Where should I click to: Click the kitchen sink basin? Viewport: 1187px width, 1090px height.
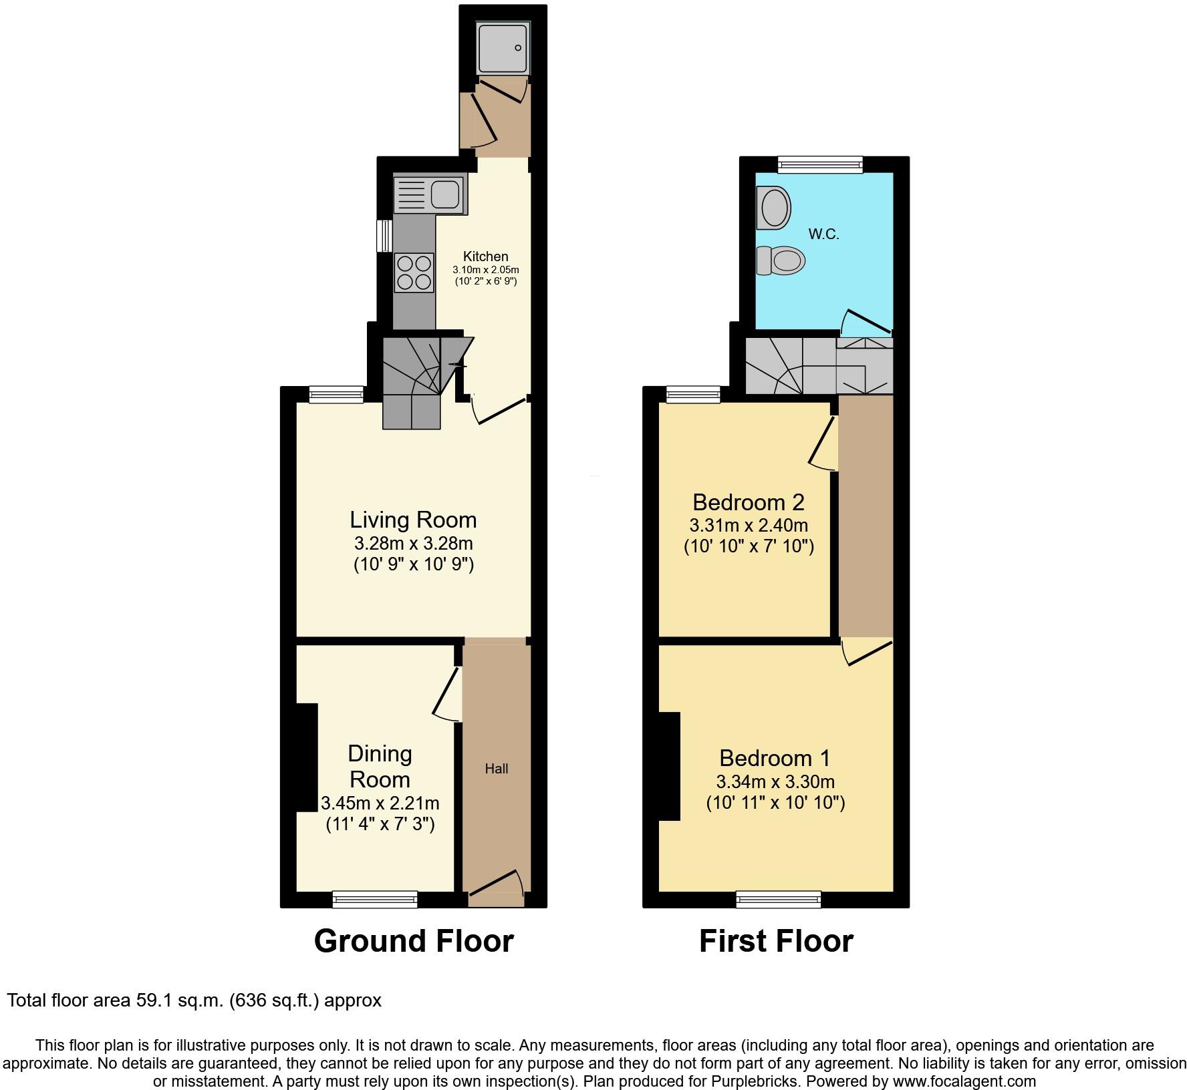tap(445, 194)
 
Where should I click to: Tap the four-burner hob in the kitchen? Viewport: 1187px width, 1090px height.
tap(414, 272)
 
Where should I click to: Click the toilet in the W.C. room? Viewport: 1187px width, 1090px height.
tap(779, 260)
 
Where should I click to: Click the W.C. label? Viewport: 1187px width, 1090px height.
tap(823, 234)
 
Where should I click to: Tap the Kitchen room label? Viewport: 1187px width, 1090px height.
tap(486, 256)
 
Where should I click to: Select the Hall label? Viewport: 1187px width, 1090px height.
tap(497, 769)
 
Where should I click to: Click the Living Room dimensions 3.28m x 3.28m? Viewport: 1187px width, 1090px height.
tap(413, 543)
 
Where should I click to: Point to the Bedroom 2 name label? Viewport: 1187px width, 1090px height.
tap(748, 502)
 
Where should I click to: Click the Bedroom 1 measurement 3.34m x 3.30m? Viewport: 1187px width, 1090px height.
tap(775, 781)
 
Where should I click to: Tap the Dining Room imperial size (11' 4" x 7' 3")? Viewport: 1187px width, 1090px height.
tap(380, 824)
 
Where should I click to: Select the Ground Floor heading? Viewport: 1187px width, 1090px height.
tap(414, 941)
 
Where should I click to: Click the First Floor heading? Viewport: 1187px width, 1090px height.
tap(776, 941)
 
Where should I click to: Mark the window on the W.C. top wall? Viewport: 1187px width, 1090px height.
tap(820, 164)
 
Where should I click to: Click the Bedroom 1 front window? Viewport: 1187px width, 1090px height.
tap(779, 900)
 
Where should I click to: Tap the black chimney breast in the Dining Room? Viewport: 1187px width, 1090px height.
tap(307, 757)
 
